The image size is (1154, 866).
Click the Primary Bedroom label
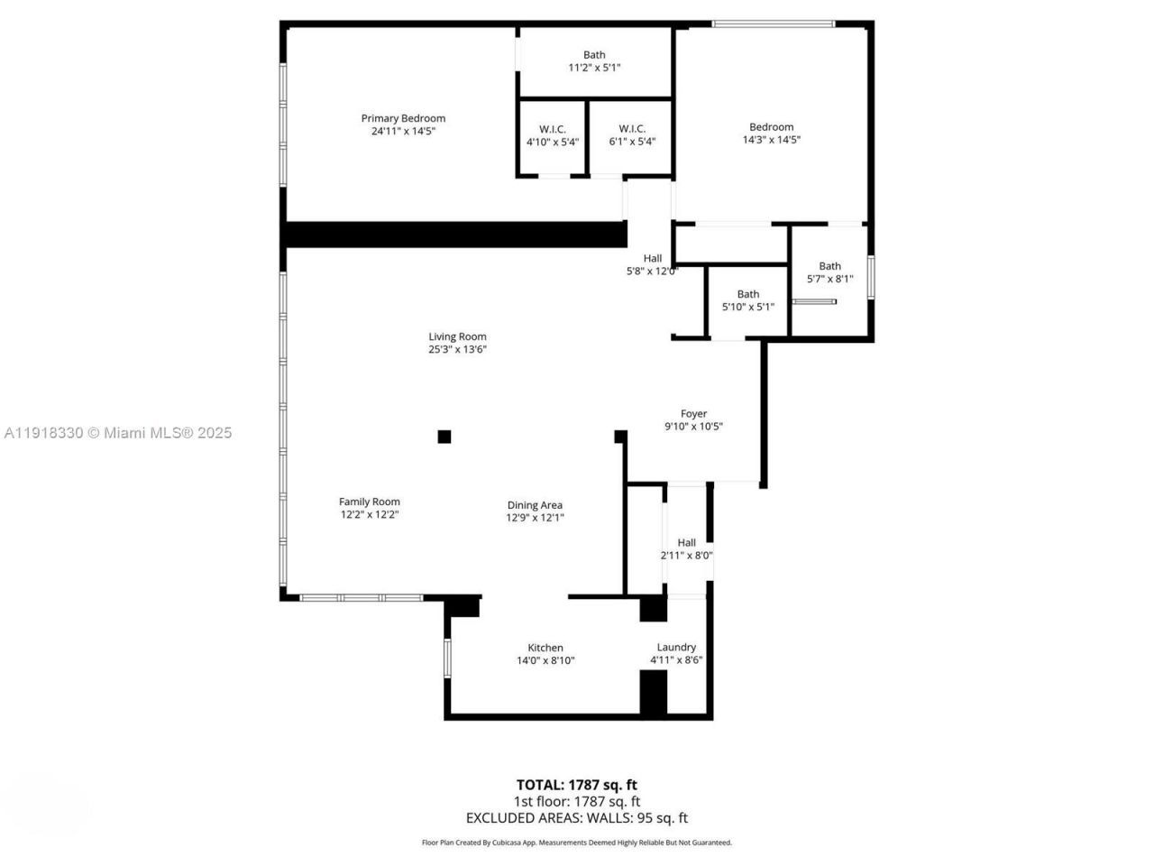(403, 118)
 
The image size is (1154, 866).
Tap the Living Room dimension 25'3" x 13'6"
(457, 350)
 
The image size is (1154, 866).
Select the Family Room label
(369, 502)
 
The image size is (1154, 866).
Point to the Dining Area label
(535, 505)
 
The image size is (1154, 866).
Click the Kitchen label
(545, 648)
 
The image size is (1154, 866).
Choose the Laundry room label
(676, 647)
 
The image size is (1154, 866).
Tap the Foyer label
(693, 414)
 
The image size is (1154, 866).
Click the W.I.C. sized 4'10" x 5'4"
(553, 135)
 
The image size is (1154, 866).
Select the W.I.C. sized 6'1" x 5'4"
(632, 135)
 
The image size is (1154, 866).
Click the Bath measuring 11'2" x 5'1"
(594, 61)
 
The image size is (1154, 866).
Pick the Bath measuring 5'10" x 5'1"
(747, 300)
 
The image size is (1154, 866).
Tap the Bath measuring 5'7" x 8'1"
(829, 272)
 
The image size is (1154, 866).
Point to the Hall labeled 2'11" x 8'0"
(686, 549)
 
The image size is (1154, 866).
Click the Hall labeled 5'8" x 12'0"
(652, 264)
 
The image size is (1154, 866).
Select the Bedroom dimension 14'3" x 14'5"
(771, 140)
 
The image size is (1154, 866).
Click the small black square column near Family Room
(444, 437)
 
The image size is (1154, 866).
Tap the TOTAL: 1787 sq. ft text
(576, 785)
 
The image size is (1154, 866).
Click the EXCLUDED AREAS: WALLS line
(576, 818)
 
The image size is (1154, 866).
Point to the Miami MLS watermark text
(117, 433)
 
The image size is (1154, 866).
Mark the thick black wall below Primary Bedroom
(455, 235)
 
